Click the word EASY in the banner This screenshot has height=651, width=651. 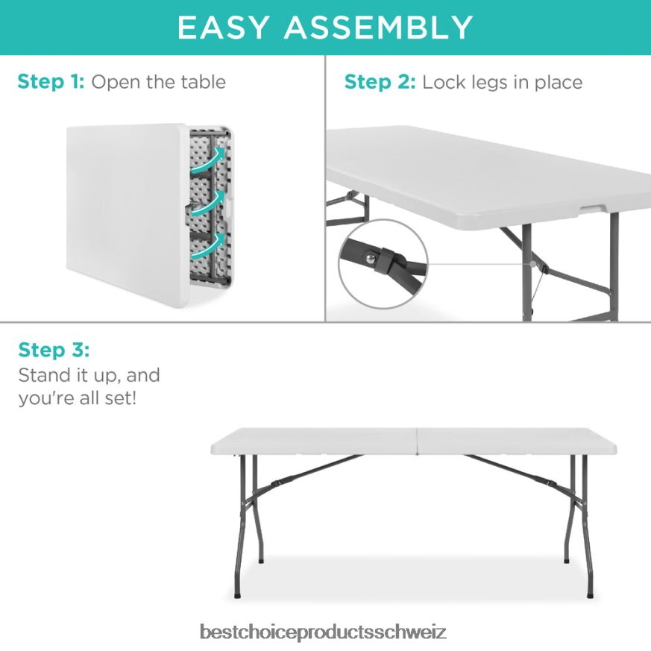click(x=222, y=28)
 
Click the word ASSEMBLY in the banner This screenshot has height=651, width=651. click(x=378, y=28)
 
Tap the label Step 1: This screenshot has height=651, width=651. click(x=51, y=82)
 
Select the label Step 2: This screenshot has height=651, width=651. click(x=380, y=82)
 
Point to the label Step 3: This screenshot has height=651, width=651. click(x=54, y=350)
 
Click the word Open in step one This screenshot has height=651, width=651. click(x=116, y=83)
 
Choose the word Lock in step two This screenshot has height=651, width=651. click(x=444, y=82)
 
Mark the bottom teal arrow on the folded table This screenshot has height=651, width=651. click(x=209, y=248)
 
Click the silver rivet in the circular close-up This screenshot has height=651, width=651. click(x=371, y=259)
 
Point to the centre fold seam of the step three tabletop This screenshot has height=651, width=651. click(x=416, y=441)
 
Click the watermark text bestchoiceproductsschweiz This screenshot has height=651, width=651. click(x=323, y=632)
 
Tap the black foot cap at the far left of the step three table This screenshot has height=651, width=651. click(x=237, y=595)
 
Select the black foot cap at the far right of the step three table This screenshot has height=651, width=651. click(x=590, y=595)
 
